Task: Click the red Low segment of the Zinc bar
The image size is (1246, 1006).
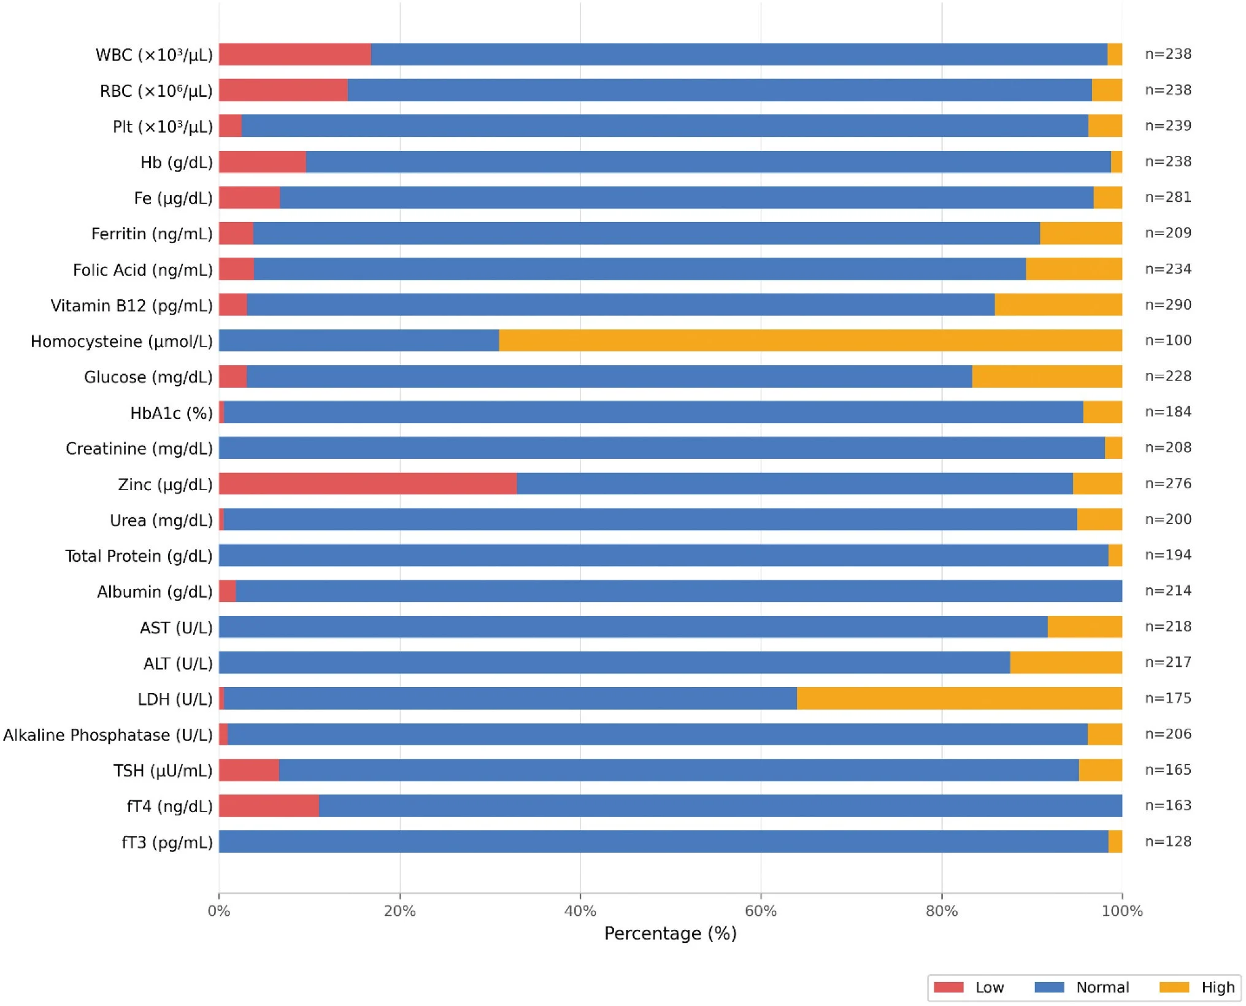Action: click(x=368, y=483)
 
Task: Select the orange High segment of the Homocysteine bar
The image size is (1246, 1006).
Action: click(x=810, y=340)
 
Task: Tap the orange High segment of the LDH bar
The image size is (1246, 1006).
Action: click(x=959, y=698)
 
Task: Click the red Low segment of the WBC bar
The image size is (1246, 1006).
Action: click(x=295, y=54)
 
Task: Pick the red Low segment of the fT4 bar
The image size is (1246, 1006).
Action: click(x=269, y=805)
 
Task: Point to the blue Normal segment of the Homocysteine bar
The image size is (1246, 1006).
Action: click(x=359, y=340)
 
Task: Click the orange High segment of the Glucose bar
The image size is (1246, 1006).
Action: click(x=1047, y=376)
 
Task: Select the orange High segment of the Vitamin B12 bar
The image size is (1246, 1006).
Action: click(x=1058, y=305)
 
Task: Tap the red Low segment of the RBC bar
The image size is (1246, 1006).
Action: click(x=283, y=90)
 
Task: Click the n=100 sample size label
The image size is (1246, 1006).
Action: click(x=1168, y=340)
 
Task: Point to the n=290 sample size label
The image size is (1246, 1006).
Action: click(x=1168, y=305)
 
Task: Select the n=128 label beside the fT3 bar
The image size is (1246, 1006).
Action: click(x=1168, y=841)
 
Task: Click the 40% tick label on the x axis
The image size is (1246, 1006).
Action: click(x=580, y=911)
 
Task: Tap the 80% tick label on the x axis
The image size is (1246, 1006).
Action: click(x=941, y=911)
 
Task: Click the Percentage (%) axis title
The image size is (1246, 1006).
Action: click(x=671, y=934)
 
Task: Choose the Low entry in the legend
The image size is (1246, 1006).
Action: click(x=969, y=987)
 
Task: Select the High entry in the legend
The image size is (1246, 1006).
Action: click(x=1197, y=987)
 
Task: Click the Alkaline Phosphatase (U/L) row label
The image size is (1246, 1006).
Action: click(x=108, y=735)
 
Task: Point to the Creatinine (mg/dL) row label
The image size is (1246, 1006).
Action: click(x=139, y=448)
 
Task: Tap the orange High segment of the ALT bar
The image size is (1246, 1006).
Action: click(x=1066, y=662)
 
